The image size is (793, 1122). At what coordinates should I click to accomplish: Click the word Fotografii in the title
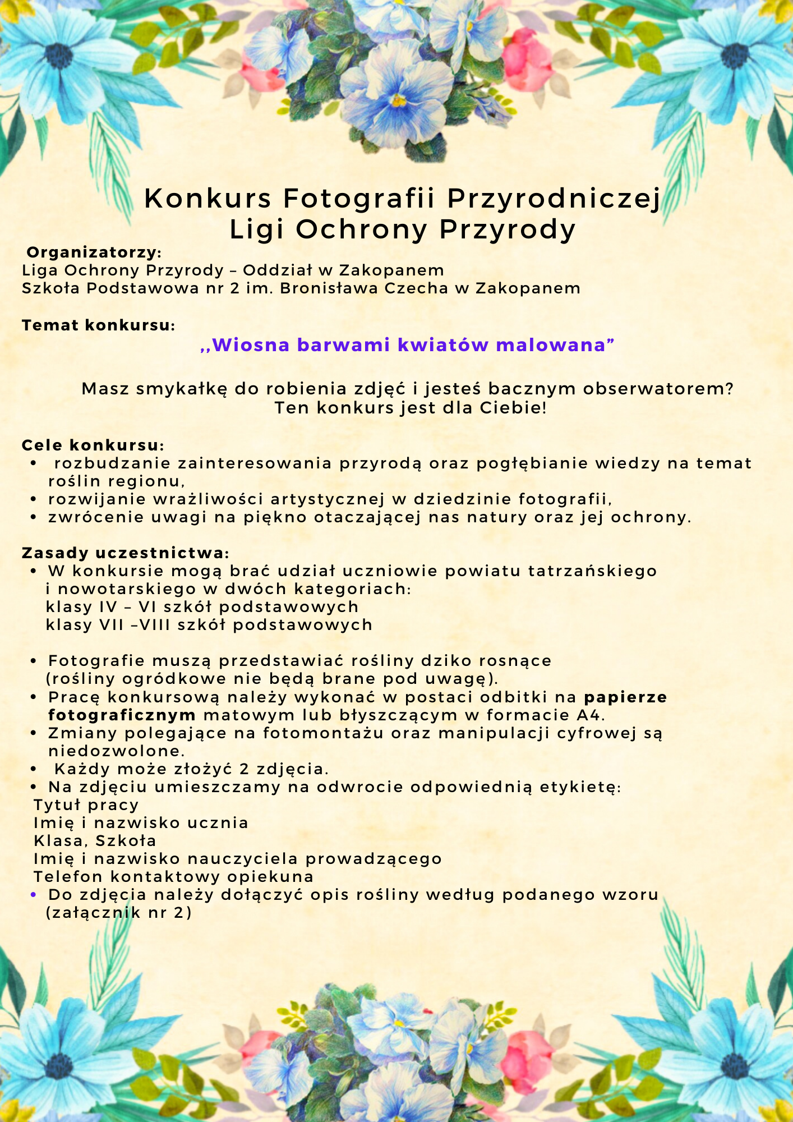(x=359, y=199)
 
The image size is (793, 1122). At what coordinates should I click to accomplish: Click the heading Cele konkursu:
(x=93, y=445)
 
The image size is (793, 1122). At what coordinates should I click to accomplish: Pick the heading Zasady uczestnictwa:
(x=125, y=553)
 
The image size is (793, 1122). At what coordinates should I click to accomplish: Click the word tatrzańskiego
(x=593, y=571)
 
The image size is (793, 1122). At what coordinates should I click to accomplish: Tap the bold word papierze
(x=626, y=697)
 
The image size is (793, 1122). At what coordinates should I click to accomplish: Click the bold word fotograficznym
(x=122, y=715)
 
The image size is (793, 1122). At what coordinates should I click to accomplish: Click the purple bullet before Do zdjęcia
(x=34, y=895)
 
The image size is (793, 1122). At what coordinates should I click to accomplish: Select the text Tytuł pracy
(x=86, y=805)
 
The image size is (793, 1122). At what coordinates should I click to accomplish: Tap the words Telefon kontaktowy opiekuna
(x=173, y=877)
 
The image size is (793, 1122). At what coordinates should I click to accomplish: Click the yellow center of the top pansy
(x=399, y=101)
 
